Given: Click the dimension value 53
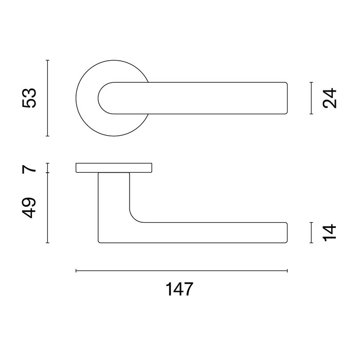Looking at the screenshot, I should tap(30, 98).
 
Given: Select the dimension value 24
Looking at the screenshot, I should tap(331, 98).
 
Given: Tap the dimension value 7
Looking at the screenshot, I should tap(30, 168).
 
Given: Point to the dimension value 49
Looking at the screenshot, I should tap(30, 207).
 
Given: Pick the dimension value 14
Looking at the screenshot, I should tap(331, 232).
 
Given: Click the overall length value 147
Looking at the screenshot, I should tap(179, 290).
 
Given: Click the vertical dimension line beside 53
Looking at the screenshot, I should tap(47, 98).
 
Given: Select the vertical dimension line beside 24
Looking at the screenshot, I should tap(312, 98).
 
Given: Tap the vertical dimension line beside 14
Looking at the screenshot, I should tap(312, 232).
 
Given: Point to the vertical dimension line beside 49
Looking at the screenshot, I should tap(47, 208).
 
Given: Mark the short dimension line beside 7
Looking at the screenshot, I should tap(47, 168).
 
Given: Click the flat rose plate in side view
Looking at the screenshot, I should tap(114, 168).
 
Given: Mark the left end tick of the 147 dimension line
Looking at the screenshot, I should tap(76, 270).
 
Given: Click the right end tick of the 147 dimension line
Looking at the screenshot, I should tap(287, 270).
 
